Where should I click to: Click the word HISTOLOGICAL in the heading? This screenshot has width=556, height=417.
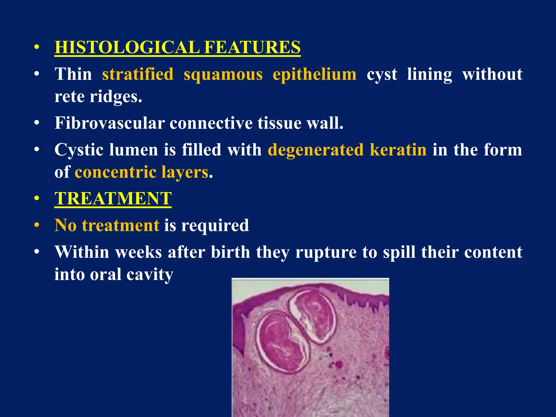click(127, 47)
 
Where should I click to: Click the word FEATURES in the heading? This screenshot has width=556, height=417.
click(252, 47)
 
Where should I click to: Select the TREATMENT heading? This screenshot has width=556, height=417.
click(113, 198)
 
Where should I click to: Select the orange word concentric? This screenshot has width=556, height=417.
click(115, 172)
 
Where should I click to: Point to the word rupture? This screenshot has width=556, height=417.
click(326, 252)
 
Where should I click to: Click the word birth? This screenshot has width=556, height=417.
click(230, 252)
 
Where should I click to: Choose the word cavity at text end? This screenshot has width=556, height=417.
click(150, 274)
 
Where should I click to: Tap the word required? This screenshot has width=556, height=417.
click(215, 225)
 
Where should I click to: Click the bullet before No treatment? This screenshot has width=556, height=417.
click(37, 225)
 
